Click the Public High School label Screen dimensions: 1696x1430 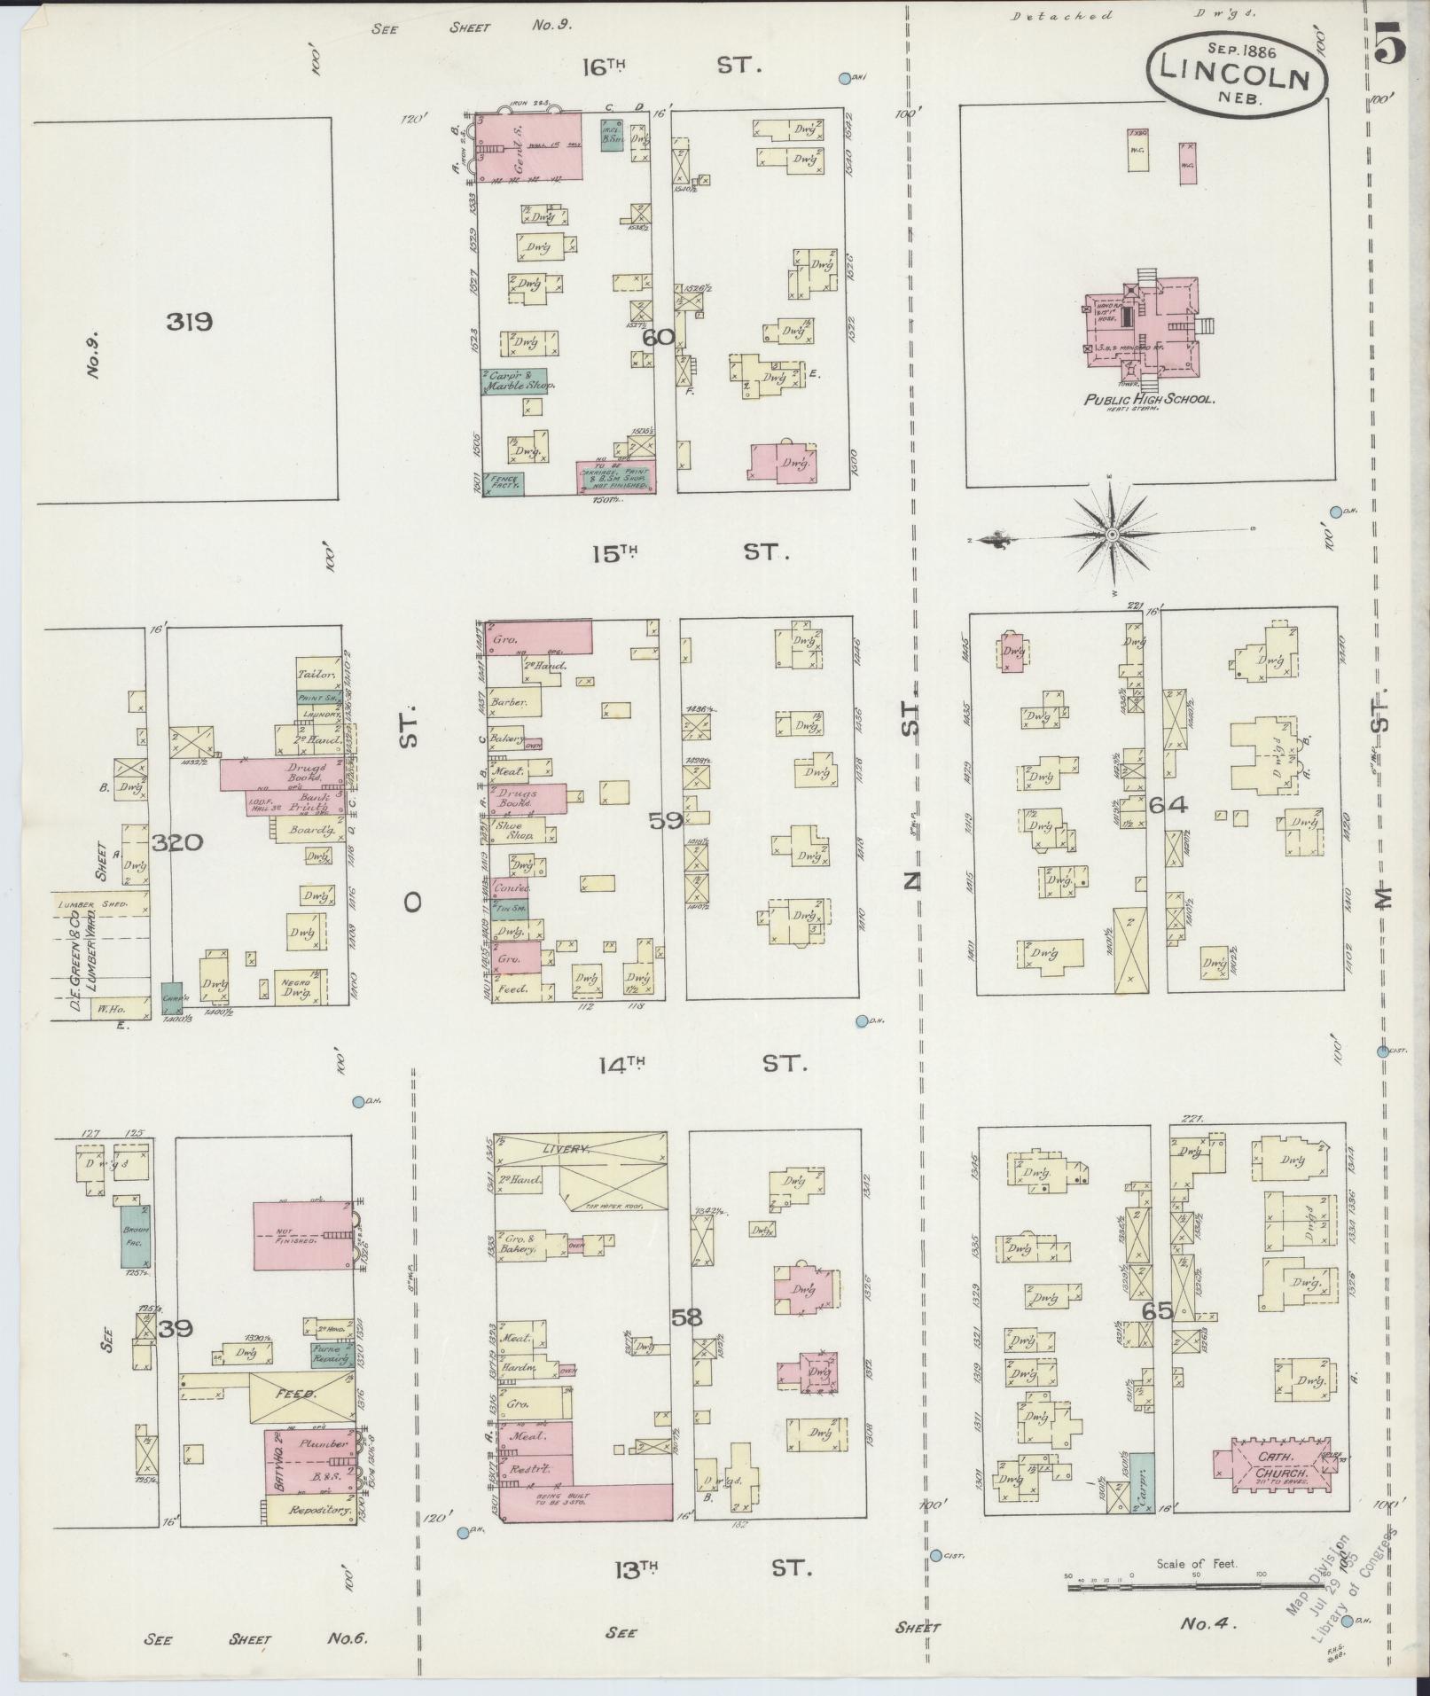click(1149, 400)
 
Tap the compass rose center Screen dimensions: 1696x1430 click(1111, 534)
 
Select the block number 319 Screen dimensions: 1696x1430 click(189, 322)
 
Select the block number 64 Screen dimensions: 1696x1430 click(1167, 805)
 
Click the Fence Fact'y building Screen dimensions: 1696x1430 click(503, 483)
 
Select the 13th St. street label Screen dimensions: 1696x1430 click(709, 1567)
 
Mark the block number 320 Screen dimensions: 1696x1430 click(176, 842)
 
